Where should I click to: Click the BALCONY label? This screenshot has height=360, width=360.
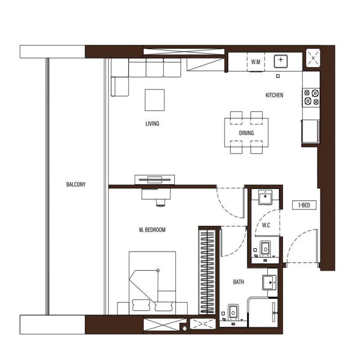click(x=76, y=184)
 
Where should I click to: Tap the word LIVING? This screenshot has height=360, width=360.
click(x=152, y=123)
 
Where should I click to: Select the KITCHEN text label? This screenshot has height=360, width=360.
click(x=274, y=95)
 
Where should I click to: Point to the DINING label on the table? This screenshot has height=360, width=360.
click(x=246, y=133)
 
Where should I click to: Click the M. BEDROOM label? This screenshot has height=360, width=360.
click(x=152, y=230)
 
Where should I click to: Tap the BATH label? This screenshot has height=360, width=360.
click(x=238, y=282)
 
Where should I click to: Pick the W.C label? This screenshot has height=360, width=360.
click(x=266, y=225)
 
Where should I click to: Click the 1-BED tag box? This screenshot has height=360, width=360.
click(x=304, y=205)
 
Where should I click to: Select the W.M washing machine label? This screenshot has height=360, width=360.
click(x=256, y=62)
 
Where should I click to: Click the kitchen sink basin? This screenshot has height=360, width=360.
click(x=280, y=61)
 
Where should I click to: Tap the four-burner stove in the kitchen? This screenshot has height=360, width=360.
click(x=311, y=98)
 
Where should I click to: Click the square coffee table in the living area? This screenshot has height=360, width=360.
click(x=155, y=100)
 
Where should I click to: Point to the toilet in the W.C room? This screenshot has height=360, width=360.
click(x=265, y=249)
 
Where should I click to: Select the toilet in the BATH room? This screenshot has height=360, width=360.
click(x=233, y=312)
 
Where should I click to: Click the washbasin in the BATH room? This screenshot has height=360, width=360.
click(x=269, y=283)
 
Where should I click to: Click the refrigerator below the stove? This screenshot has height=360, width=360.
click(x=311, y=131)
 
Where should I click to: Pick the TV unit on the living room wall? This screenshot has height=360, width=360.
click(x=154, y=180)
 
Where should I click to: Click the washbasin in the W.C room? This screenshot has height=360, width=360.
click(x=265, y=197)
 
